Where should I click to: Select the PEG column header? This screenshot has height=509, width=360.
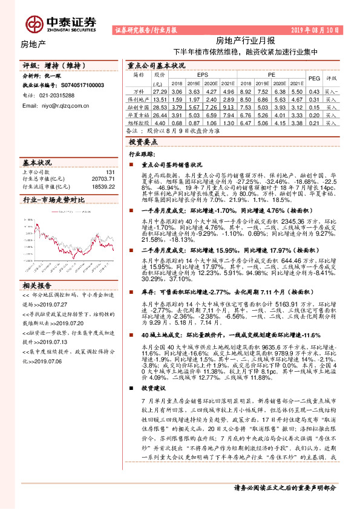[314, 78]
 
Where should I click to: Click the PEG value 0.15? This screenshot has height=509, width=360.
[314, 106]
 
